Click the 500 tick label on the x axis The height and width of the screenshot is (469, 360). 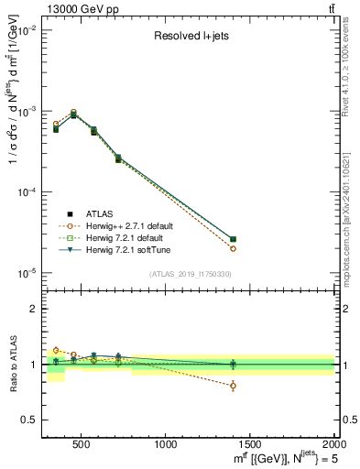click(81, 444)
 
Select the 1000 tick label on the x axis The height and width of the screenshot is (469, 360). click(167, 444)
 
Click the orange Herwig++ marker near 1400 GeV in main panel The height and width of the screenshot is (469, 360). click(233, 248)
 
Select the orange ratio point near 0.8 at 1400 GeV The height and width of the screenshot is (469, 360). click(233, 386)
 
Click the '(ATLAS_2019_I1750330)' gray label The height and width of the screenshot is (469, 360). click(190, 274)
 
